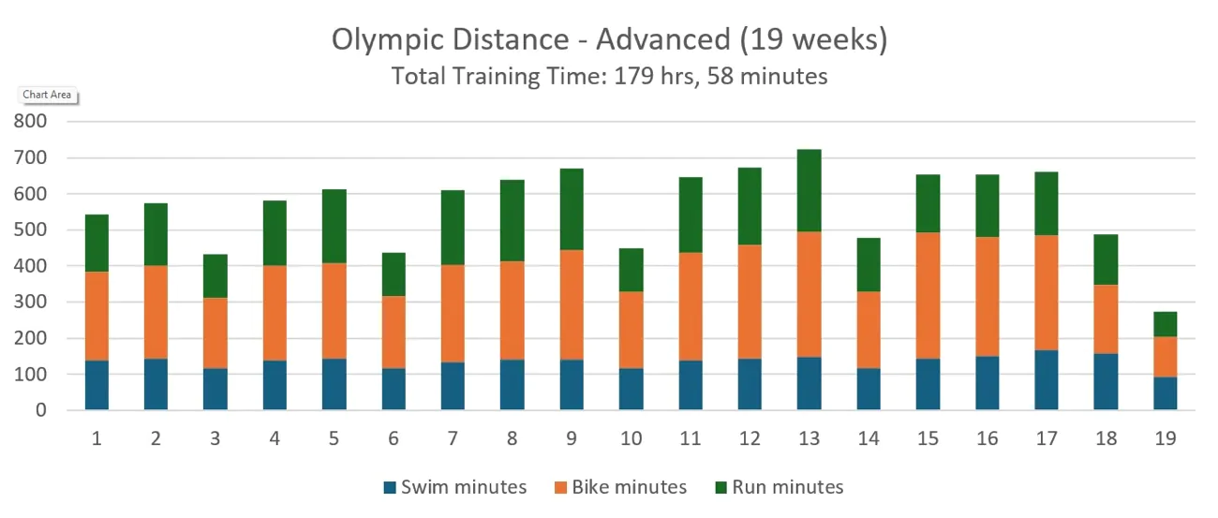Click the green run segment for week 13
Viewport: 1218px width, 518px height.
coord(809,190)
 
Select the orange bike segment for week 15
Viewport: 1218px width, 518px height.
coord(928,295)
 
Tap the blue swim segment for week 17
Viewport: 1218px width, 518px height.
coord(1047,379)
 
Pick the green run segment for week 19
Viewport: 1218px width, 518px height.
coord(1166,324)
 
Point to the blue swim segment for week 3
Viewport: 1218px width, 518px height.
coord(215,389)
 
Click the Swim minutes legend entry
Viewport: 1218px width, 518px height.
coord(454,487)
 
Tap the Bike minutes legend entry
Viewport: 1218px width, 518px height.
coord(620,487)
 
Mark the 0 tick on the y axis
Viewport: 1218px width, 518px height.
coord(40,410)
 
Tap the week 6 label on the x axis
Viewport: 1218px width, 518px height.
coord(394,437)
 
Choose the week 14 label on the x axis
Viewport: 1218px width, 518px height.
coord(868,437)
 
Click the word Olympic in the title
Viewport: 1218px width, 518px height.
coord(383,40)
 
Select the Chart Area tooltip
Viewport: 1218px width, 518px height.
coord(47,95)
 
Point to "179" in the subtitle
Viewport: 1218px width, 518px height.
coord(633,76)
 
